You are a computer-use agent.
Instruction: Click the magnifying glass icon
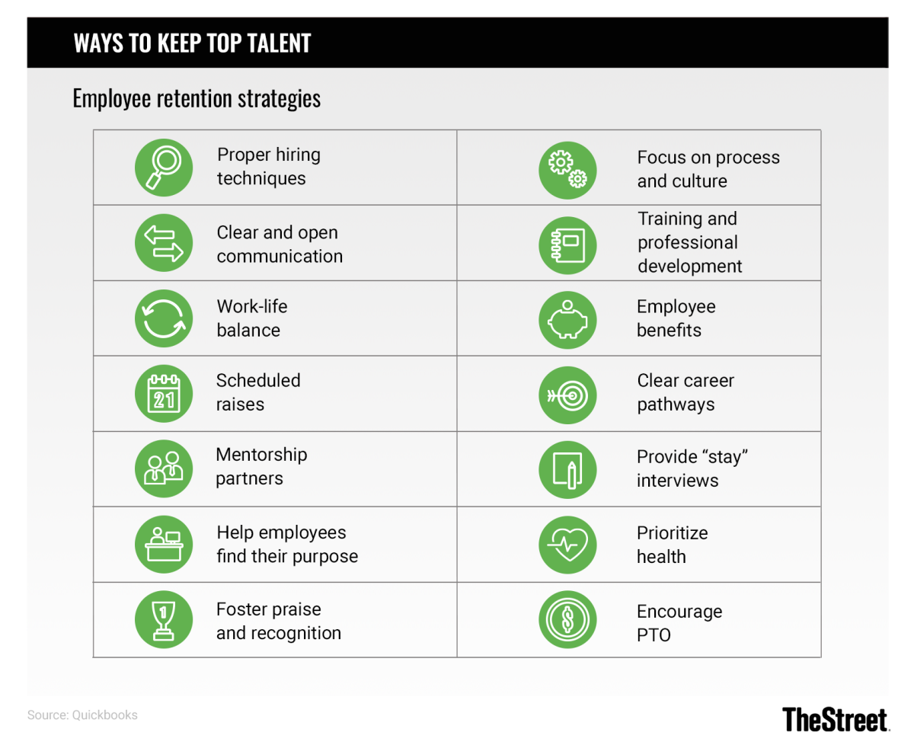coord(164,168)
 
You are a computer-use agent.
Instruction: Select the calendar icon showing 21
coord(164,394)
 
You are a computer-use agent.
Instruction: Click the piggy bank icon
coord(567,319)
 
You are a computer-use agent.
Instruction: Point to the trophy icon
coord(164,619)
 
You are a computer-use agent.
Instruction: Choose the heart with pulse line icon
coord(567,545)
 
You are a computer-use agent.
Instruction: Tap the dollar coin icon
coord(567,621)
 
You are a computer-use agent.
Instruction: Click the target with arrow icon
coord(567,394)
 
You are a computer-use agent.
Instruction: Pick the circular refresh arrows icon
coord(164,319)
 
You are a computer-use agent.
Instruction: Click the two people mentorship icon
coord(164,468)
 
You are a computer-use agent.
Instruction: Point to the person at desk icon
coord(164,545)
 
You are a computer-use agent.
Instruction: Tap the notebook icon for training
coord(567,245)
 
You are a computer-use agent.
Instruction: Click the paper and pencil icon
coord(567,468)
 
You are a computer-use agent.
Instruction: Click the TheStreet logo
coord(835,719)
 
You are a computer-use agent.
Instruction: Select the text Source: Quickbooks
coord(82,715)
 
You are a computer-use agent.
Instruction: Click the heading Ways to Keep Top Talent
coord(192,43)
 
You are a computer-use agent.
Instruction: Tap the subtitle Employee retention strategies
coord(197,99)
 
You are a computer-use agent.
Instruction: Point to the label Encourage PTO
coord(668,623)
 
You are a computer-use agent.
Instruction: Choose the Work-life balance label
coord(251,318)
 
